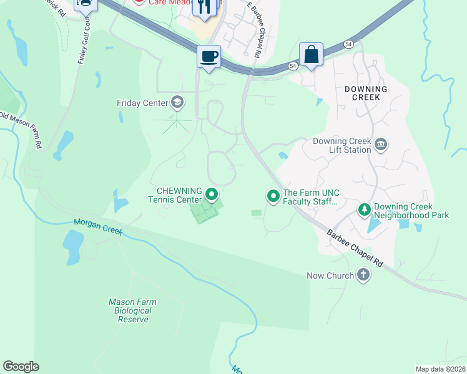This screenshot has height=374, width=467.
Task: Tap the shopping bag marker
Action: click(x=310, y=55)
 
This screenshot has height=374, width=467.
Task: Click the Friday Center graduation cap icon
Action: click(x=177, y=102)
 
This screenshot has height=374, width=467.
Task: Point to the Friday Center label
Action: click(x=142, y=103)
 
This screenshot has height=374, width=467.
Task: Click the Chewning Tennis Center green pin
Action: click(x=212, y=195)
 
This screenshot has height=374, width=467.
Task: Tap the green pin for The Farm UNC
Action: click(x=273, y=196)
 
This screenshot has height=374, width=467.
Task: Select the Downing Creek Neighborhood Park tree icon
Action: click(x=364, y=210)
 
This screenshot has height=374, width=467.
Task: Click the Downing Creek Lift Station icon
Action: click(x=381, y=145)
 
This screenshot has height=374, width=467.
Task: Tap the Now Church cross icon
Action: click(x=363, y=275)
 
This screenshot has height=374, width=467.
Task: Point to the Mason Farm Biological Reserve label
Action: click(x=132, y=310)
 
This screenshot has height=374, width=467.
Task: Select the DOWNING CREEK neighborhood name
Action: click(x=366, y=93)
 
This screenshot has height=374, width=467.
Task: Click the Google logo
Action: click(x=21, y=367)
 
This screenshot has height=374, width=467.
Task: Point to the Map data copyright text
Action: click(x=440, y=369)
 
